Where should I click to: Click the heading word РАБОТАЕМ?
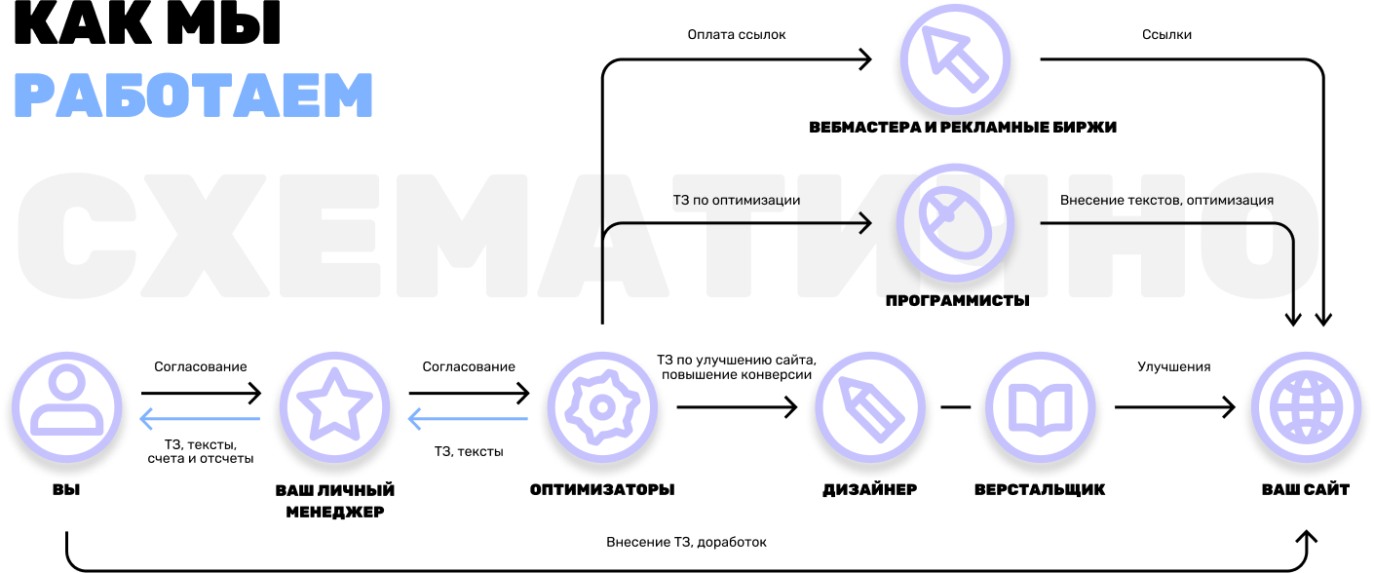click(194, 96)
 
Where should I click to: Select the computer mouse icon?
click(955, 223)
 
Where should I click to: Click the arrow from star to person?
click(200, 420)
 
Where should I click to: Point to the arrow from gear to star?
click(468, 420)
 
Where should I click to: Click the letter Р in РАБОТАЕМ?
click(35, 96)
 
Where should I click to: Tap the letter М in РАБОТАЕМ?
click(347, 96)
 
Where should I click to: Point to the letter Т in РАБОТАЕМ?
click(214, 96)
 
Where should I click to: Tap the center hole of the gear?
click(603, 405)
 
